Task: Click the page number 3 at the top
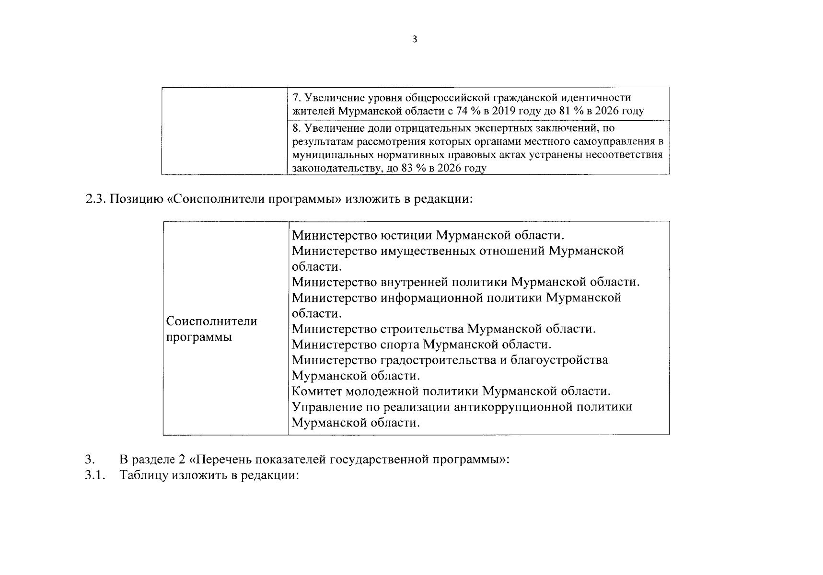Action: [x=415, y=39]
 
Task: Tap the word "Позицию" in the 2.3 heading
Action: [x=138, y=199]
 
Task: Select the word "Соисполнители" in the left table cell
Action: [x=211, y=321]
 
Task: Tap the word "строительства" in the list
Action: [x=422, y=329]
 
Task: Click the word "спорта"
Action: [x=400, y=345]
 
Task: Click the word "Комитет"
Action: [x=317, y=391]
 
